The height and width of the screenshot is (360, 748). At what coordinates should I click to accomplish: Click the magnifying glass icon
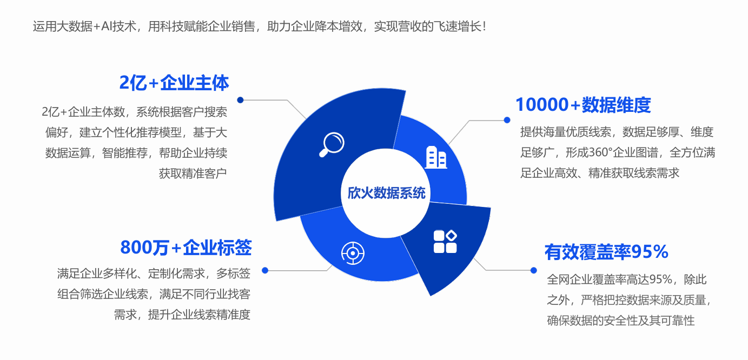332,144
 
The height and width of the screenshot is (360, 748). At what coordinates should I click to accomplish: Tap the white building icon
435,157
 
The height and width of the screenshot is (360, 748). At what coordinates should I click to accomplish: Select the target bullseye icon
353,252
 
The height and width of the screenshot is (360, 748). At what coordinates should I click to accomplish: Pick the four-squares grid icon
446,242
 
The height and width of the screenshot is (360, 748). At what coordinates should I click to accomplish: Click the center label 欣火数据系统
386,193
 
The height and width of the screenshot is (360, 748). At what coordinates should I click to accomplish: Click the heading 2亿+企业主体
174,83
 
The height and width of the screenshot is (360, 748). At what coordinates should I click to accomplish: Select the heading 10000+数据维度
583,104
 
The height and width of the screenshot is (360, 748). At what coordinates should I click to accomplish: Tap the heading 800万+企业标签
186,247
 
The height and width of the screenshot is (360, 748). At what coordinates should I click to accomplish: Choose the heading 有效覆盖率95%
606,251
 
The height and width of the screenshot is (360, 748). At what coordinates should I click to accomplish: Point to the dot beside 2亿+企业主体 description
240,100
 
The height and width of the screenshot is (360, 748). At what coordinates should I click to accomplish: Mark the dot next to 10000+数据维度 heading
507,120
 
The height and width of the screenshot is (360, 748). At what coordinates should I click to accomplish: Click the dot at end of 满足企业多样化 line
264,270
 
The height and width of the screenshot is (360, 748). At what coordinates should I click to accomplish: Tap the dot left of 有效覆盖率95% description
533,270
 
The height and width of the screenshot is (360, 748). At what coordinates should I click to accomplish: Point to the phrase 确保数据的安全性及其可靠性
620,321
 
